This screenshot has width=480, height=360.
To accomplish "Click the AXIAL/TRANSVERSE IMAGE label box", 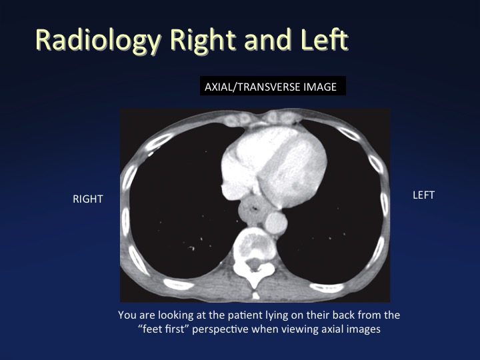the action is (273, 86).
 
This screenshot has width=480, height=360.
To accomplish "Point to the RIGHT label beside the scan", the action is (88, 199).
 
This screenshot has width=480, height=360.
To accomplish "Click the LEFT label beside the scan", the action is (424, 195).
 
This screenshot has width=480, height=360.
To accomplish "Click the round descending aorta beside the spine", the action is (276, 223).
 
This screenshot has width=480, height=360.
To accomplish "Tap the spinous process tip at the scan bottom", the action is (255, 295).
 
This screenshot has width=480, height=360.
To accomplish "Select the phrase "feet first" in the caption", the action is (163, 329).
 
